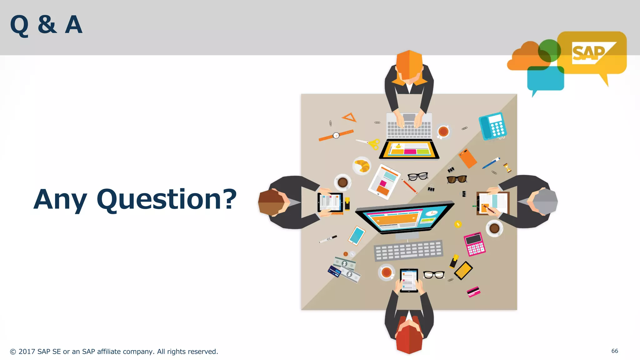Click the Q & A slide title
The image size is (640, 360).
[46, 25]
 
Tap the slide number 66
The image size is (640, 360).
[614, 351]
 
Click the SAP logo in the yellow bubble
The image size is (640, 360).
[589, 53]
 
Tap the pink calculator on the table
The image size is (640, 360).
[474, 244]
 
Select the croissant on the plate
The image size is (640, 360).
[362, 166]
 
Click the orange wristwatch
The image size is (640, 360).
[336, 135]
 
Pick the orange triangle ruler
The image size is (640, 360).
[349, 118]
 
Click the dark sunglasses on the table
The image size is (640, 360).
[457, 179]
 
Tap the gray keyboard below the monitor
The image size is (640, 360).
[408, 250]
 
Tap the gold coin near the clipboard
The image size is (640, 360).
[458, 224]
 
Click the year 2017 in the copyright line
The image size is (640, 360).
[27, 352]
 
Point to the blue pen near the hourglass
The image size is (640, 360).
[491, 163]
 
